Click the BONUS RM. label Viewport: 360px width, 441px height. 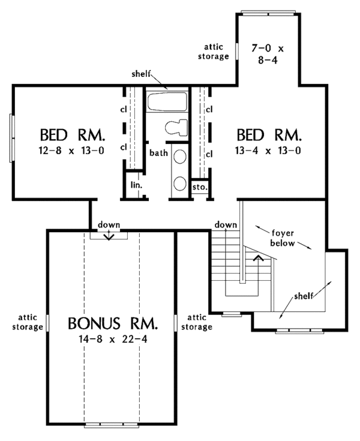pos(113,325)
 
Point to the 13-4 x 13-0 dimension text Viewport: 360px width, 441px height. pos(269,151)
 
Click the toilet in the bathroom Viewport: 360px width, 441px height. pos(176,127)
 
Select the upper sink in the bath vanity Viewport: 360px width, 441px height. pos(179,157)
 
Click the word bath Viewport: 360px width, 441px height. pos(158,154)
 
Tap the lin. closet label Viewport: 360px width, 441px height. pos(136,185)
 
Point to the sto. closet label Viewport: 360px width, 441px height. pos(200,187)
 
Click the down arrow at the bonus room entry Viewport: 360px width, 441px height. pos(109,236)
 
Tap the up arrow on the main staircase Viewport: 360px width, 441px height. pos(259,258)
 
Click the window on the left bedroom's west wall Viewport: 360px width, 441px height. pos(11,137)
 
